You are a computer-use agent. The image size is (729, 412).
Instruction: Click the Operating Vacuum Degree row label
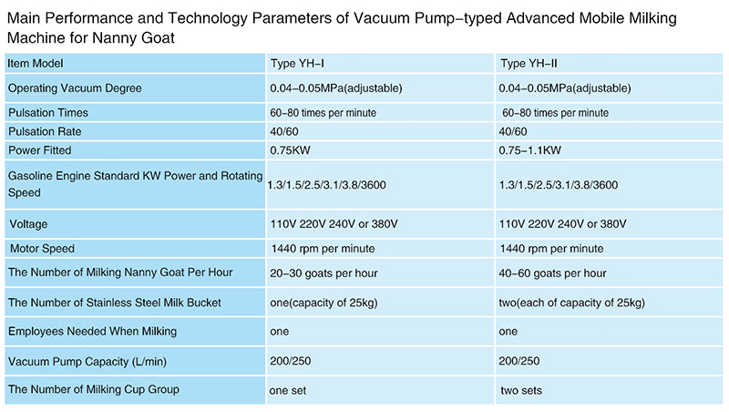coord(75,88)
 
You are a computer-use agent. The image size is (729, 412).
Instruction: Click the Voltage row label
coord(28,224)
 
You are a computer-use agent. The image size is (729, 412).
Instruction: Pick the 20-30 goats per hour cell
coord(323,273)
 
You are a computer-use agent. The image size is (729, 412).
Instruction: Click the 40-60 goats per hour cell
coord(553,273)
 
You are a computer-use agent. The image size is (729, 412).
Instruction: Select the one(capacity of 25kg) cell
coord(333,303)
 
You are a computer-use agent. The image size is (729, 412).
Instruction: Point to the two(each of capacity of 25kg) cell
coord(572,303)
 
